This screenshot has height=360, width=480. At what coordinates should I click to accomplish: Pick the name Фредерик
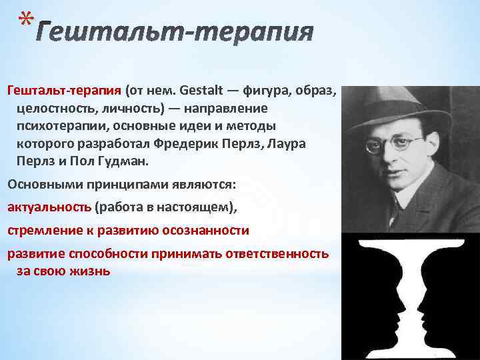click(x=181, y=144)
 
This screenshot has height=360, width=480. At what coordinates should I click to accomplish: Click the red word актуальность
click(x=49, y=207)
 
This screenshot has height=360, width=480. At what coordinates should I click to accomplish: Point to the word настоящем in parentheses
click(x=194, y=207)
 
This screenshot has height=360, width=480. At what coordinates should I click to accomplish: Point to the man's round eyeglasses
click(x=400, y=143)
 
